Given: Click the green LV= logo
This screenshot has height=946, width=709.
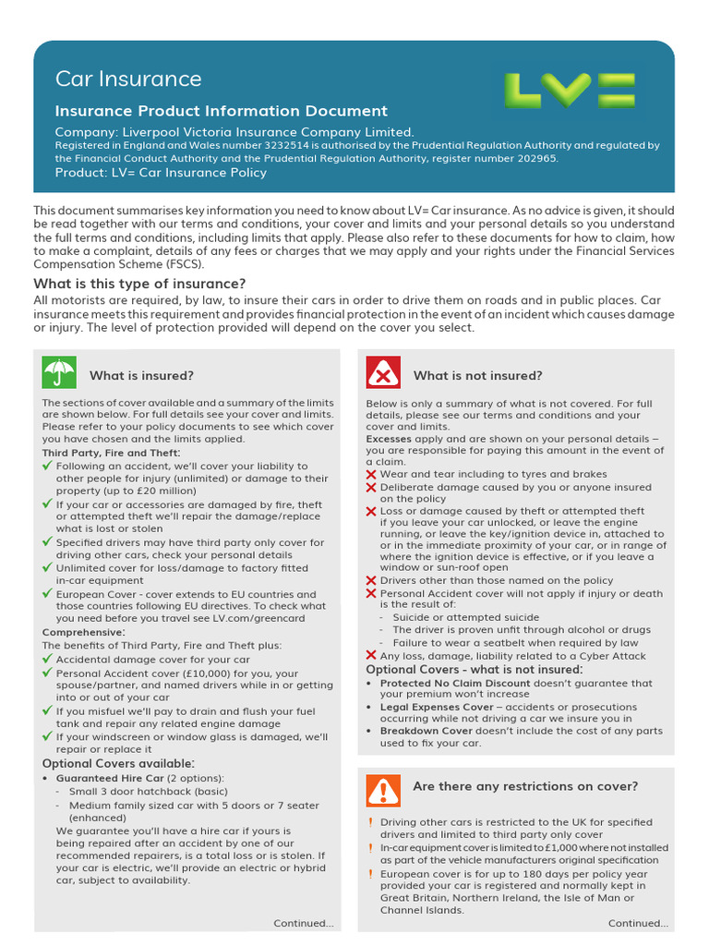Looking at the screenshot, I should click(x=569, y=91).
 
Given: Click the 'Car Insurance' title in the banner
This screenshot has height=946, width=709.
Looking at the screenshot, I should click(x=128, y=79).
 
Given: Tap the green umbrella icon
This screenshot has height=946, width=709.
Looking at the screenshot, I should click(x=59, y=373).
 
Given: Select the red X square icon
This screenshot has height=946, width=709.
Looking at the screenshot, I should click(x=383, y=373).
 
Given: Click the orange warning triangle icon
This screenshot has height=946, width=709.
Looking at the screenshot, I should click(x=382, y=789).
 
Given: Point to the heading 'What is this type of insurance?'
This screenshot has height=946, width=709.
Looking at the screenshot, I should click(x=139, y=284).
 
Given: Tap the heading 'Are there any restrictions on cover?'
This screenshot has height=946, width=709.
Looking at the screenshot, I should click(x=525, y=786).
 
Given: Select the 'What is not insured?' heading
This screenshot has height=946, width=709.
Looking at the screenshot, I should click(x=477, y=375).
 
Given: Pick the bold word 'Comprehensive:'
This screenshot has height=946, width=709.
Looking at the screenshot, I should click(x=83, y=632).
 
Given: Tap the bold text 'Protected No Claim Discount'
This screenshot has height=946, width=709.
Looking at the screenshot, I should click(x=455, y=684).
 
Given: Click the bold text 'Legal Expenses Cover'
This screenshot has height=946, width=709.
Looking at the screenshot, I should click(x=437, y=708).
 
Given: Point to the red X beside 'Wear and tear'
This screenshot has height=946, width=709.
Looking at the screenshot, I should click(x=371, y=474).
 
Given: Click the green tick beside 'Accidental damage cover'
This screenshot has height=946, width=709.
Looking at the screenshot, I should click(x=48, y=660).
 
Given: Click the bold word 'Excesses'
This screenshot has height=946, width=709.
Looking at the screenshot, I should click(x=389, y=439).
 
